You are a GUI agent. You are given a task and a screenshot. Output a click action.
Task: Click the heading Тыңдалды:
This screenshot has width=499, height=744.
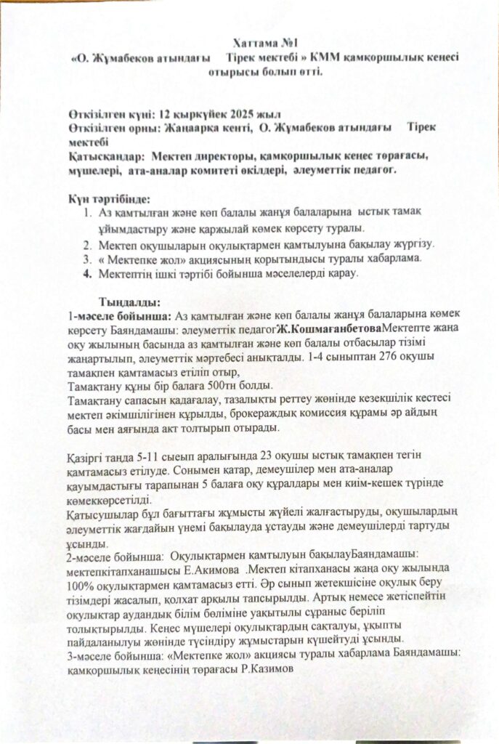[129, 302]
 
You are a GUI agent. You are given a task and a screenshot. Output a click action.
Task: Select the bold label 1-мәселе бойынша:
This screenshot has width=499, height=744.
[119, 317]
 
